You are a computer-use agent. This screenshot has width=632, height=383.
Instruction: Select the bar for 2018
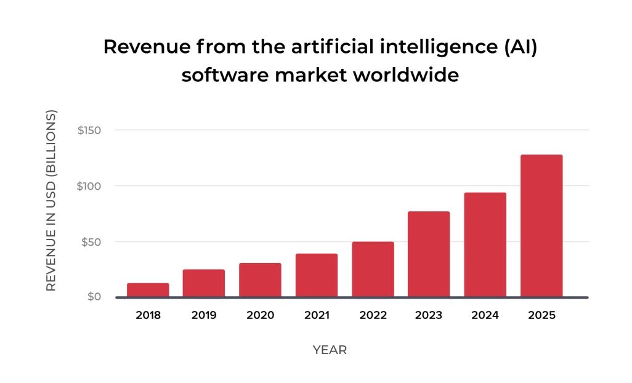coord(148,290)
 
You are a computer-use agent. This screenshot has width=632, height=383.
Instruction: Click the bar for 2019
coord(204,283)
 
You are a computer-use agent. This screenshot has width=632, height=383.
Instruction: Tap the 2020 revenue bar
coord(260,280)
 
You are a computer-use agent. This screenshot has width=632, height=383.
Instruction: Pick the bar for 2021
coord(316,275)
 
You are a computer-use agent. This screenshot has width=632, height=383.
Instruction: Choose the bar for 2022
coord(373,269)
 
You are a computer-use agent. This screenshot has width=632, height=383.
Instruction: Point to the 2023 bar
coord(429,254)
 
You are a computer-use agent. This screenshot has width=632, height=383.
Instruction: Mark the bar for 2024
coord(485,244)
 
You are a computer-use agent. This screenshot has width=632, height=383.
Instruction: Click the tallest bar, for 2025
coord(541,225)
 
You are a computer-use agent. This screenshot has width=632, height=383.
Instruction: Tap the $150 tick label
coord(89,131)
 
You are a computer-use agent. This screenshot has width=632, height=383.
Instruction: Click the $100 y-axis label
coord(89,186)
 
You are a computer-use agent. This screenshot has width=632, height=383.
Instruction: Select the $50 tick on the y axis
coord(91,241)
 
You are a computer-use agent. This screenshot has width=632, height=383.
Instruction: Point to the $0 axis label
coord(94,297)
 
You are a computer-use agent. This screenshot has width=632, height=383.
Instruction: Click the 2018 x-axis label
coord(148,315)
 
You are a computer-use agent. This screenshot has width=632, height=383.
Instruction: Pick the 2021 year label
coord(316,315)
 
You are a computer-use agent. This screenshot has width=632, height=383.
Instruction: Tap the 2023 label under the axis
coord(429,315)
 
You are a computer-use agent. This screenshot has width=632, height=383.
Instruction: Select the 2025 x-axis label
coord(541,315)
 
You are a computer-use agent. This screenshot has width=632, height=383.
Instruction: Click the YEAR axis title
coord(330,350)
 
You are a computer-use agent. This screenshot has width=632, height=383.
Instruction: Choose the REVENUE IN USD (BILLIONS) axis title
coord(52,201)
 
